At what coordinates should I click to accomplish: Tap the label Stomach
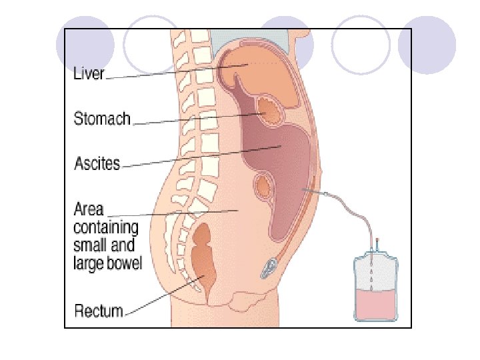click(102, 119)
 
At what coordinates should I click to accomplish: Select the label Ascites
click(97, 162)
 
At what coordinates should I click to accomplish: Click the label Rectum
click(99, 311)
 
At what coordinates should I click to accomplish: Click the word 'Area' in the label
click(88, 209)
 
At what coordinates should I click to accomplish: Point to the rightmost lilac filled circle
click(427, 45)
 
